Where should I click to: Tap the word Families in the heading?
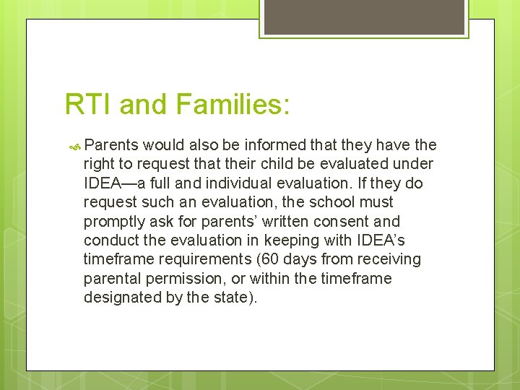tap(234, 105)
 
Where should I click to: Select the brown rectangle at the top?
tap(363, 17)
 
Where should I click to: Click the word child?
tap(290, 165)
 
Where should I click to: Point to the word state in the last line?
tap(231, 297)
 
